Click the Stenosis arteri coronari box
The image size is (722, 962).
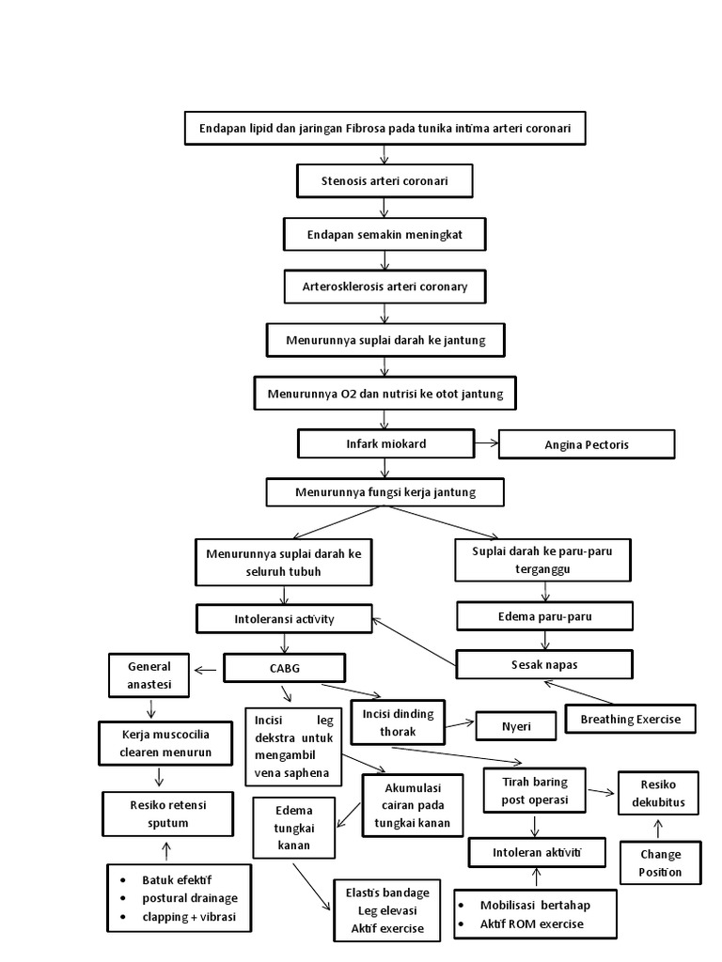click(385, 181)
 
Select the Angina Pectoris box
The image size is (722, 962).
click(587, 444)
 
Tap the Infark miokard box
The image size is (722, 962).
click(385, 443)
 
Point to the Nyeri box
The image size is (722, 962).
click(513, 725)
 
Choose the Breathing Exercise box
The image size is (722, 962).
click(630, 720)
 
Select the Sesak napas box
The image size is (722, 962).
click(544, 664)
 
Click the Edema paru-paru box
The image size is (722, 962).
click(544, 616)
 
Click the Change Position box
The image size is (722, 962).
click(660, 863)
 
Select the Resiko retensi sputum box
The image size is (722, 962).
click(167, 814)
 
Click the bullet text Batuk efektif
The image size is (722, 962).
click(178, 880)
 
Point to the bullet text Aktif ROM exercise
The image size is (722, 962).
click(531, 923)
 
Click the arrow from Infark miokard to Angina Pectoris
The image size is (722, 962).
click(485, 442)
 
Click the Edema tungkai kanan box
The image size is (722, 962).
click(293, 828)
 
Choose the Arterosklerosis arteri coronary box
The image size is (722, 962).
click(385, 287)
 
